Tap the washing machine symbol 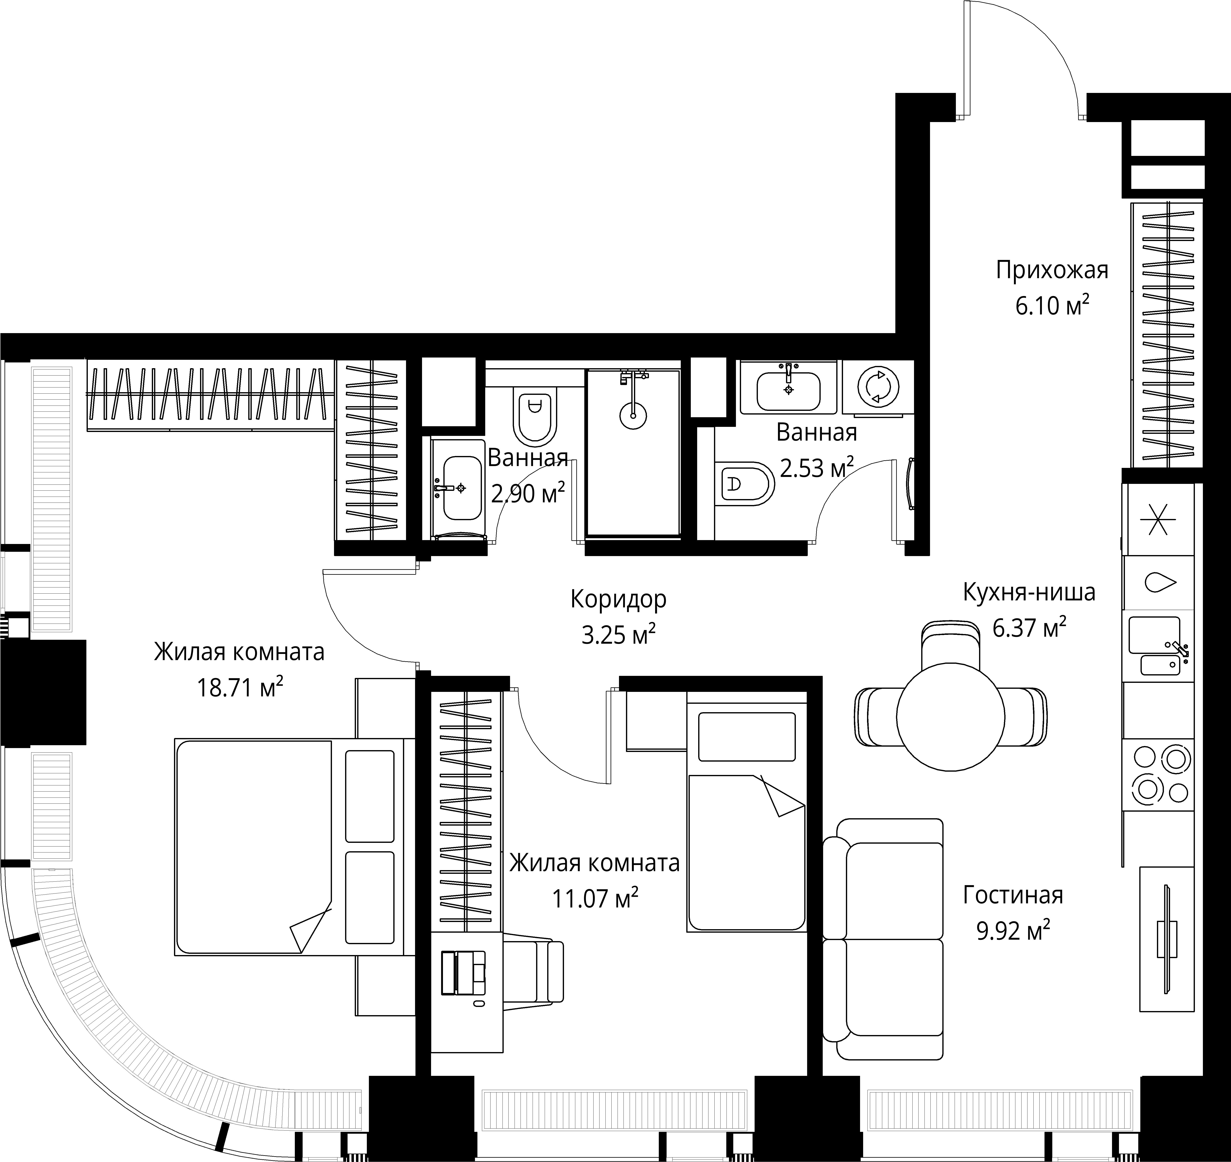pos(878,387)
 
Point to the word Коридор pos(618,599)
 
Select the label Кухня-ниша pos(1029,592)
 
